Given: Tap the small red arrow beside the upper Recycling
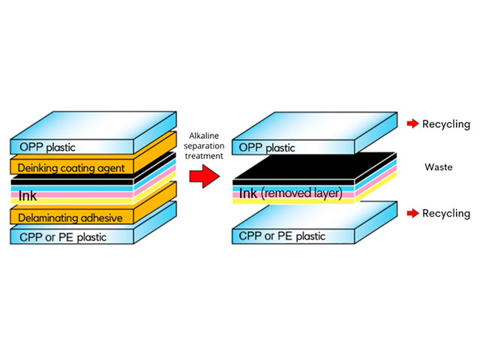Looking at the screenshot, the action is tap(412, 123).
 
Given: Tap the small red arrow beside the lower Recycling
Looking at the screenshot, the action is tap(412, 213).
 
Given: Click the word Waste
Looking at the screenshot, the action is tap(438, 166).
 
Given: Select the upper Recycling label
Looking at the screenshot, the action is tap(446, 124).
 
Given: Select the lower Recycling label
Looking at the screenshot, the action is tap(446, 213).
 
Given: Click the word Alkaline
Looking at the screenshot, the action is tap(204, 136).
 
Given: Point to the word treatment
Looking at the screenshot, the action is tap(204, 156).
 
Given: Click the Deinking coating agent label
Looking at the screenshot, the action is tap(71, 168).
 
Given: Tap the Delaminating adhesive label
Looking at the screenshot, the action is tap(70, 218).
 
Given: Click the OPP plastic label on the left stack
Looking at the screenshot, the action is tap(47, 147).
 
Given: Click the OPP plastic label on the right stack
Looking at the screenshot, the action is tap(267, 148).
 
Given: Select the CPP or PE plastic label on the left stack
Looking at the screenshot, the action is tap(63, 237).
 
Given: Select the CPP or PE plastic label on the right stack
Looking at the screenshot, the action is tap(282, 236).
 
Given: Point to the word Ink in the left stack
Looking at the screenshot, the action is tap(28, 196).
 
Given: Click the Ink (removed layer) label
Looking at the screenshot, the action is tap(290, 193).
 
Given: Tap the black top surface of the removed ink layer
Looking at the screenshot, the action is tap(315, 166).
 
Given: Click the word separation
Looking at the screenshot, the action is tap(204, 146).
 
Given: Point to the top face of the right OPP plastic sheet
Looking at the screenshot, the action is tap(315, 126).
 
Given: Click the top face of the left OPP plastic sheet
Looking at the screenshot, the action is tap(94, 125).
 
